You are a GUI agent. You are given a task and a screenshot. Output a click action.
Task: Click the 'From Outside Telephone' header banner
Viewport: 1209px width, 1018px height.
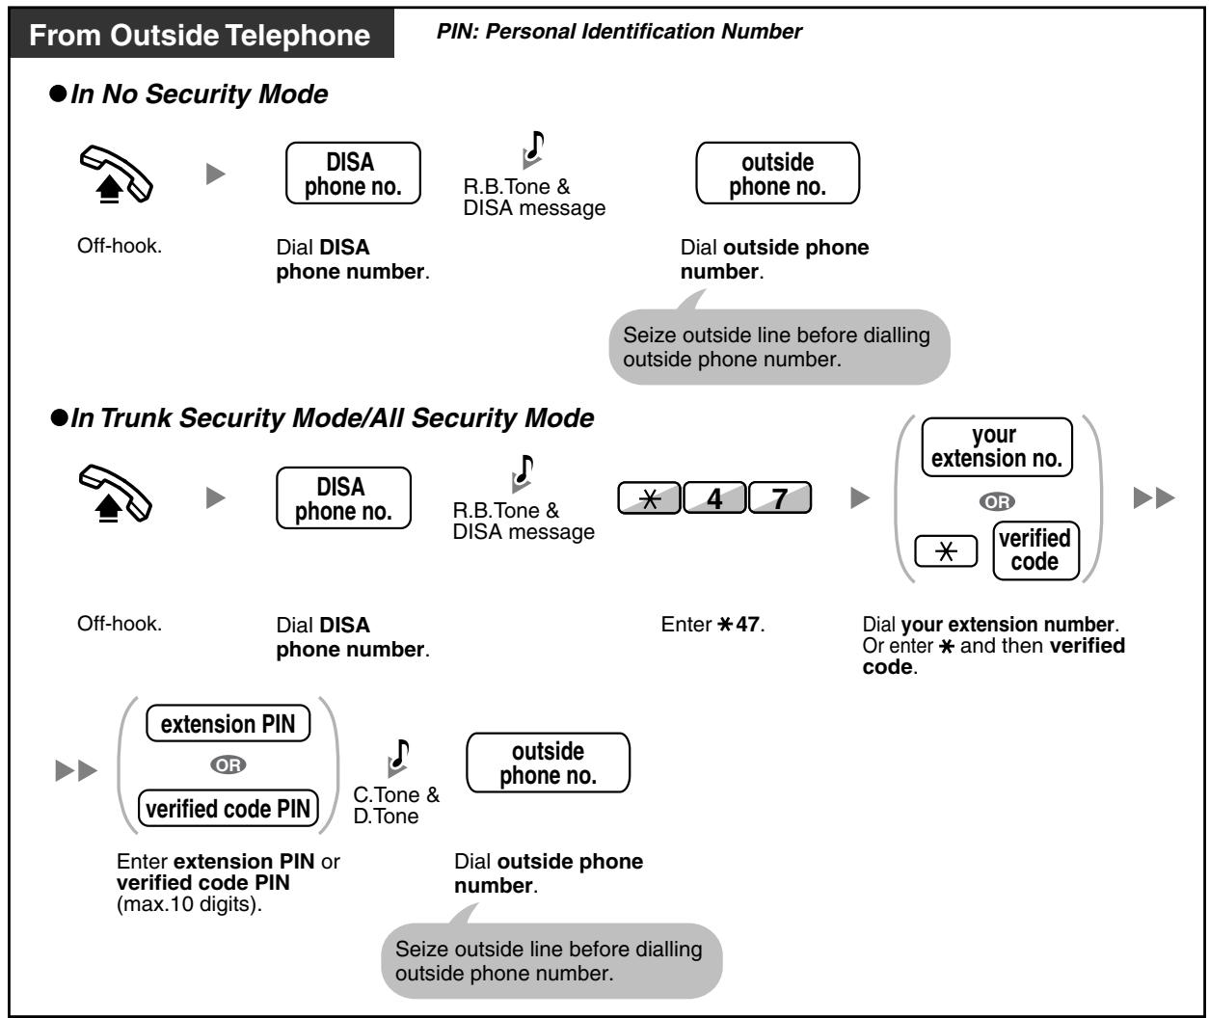[x=202, y=34]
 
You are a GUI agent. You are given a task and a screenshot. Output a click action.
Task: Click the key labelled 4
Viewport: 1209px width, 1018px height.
[x=714, y=497]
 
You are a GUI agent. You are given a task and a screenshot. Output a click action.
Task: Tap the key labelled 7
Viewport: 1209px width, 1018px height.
[x=780, y=497]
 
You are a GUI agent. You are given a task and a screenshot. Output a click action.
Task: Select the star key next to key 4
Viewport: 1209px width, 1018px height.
[x=649, y=497]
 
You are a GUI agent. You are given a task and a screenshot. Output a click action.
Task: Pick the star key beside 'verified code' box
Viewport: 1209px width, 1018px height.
[x=946, y=550]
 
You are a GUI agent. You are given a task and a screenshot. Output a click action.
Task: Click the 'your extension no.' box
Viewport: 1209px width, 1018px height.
[x=997, y=447]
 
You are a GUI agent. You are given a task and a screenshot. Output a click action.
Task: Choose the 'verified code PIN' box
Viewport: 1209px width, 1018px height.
[x=228, y=808]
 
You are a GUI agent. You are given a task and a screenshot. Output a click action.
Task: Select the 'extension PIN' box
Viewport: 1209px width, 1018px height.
[x=228, y=723]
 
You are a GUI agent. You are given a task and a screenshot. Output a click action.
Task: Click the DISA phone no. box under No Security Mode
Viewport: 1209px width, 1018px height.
[x=353, y=174]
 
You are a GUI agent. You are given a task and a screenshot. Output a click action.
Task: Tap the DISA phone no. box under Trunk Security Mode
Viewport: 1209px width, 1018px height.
[x=343, y=498]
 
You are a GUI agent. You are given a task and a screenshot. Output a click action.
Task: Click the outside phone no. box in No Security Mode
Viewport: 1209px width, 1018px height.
[x=778, y=174]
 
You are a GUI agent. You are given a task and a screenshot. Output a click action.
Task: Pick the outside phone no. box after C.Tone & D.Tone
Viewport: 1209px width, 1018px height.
[x=548, y=763]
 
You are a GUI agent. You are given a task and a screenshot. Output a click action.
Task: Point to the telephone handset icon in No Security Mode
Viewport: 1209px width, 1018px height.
[x=117, y=174]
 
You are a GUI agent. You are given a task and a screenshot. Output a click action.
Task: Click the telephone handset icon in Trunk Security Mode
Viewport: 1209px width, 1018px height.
[x=116, y=494]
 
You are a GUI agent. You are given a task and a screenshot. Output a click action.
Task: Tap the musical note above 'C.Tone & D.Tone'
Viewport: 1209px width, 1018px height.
[x=399, y=758]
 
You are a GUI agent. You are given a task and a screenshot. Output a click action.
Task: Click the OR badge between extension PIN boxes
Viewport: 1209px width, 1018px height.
[x=228, y=765]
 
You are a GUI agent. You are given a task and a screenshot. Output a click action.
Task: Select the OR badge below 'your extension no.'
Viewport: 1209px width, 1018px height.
[x=997, y=501]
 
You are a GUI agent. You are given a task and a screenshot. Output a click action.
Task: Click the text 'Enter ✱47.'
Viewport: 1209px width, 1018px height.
[x=712, y=625]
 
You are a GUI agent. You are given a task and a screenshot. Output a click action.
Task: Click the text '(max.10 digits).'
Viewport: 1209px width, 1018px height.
[x=189, y=904]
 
